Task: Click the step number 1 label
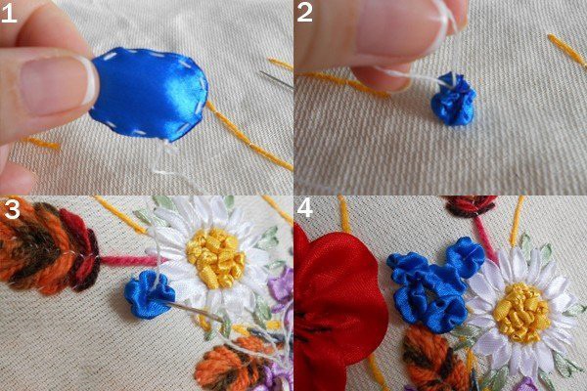coord(9,14)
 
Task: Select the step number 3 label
coord(12,210)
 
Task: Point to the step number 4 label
coord(304,208)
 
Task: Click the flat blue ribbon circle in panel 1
coord(149,94)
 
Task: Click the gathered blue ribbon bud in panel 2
coord(453,99)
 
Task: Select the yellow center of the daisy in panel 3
coord(216,257)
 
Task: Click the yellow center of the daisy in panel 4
coord(521,313)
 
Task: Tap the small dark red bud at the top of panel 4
coord(469,205)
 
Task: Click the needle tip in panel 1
coord(262,72)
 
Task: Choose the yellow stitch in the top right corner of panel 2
coord(566,51)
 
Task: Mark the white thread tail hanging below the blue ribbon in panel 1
coord(161,159)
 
